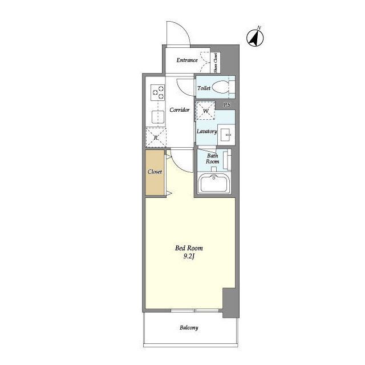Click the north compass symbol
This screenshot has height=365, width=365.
pyautogui.click(x=255, y=37)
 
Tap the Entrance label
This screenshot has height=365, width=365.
pyautogui.click(x=187, y=60)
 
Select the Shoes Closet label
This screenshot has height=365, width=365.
pyautogui.click(x=216, y=62)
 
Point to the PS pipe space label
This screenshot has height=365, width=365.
pyautogui.click(x=227, y=105)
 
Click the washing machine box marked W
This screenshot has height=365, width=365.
pyautogui.click(x=205, y=111)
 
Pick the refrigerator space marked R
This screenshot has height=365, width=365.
pyautogui.click(x=156, y=137)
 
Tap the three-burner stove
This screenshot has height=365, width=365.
pyautogui.click(x=158, y=92)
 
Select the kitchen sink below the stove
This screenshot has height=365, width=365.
pyautogui.click(x=159, y=117)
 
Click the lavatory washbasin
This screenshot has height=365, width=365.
pyautogui.click(x=226, y=135)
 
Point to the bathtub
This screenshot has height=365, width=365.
pyautogui.click(x=214, y=183)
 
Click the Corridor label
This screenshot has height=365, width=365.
pyautogui.click(x=180, y=110)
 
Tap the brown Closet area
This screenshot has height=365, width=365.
pyautogui.click(x=155, y=172)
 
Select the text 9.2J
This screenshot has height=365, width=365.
pyautogui.click(x=189, y=257)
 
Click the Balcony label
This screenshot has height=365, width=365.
pyautogui.click(x=189, y=328)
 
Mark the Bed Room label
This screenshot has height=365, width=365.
pyautogui.click(x=189, y=248)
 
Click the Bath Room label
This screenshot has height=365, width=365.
pyautogui.click(x=212, y=159)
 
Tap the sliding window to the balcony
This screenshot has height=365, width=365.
pyautogui.click(x=195, y=310)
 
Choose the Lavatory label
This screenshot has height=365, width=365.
pyautogui.click(x=206, y=132)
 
